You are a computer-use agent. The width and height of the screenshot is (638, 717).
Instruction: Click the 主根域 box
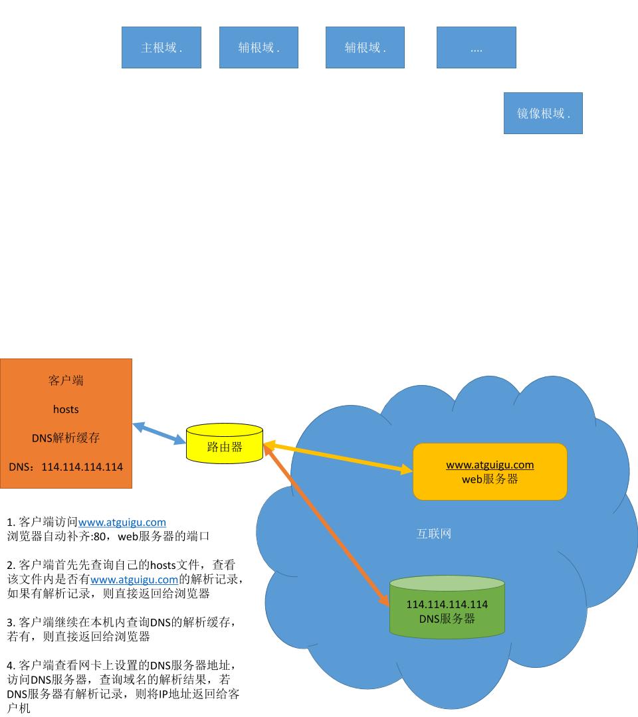(x=161, y=48)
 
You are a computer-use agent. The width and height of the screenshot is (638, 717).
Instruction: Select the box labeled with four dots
(x=476, y=48)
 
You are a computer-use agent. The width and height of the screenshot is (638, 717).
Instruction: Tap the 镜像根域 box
(x=542, y=114)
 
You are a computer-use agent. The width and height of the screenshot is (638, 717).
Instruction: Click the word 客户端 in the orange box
(x=66, y=380)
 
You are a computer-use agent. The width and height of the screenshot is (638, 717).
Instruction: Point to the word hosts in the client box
(x=66, y=409)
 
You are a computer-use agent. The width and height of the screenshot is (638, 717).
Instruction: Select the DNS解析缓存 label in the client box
(x=66, y=438)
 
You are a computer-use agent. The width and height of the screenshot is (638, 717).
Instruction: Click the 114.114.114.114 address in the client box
(x=82, y=467)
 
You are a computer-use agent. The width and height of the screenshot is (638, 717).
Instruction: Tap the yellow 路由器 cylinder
(x=225, y=446)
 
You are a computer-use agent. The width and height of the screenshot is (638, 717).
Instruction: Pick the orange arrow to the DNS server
(x=326, y=524)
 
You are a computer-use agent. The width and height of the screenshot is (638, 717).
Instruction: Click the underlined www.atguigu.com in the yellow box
(x=490, y=465)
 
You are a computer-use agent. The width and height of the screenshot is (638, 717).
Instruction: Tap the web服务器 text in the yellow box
(x=490, y=479)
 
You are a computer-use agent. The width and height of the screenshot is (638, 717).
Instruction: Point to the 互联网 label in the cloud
(x=433, y=534)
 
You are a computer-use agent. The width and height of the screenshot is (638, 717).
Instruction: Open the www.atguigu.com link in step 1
(x=122, y=522)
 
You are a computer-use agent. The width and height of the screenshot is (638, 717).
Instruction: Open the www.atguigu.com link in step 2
(x=134, y=580)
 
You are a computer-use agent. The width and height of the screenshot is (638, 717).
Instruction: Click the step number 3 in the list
(x=10, y=623)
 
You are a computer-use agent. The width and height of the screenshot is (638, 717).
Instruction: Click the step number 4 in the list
(x=10, y=665)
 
